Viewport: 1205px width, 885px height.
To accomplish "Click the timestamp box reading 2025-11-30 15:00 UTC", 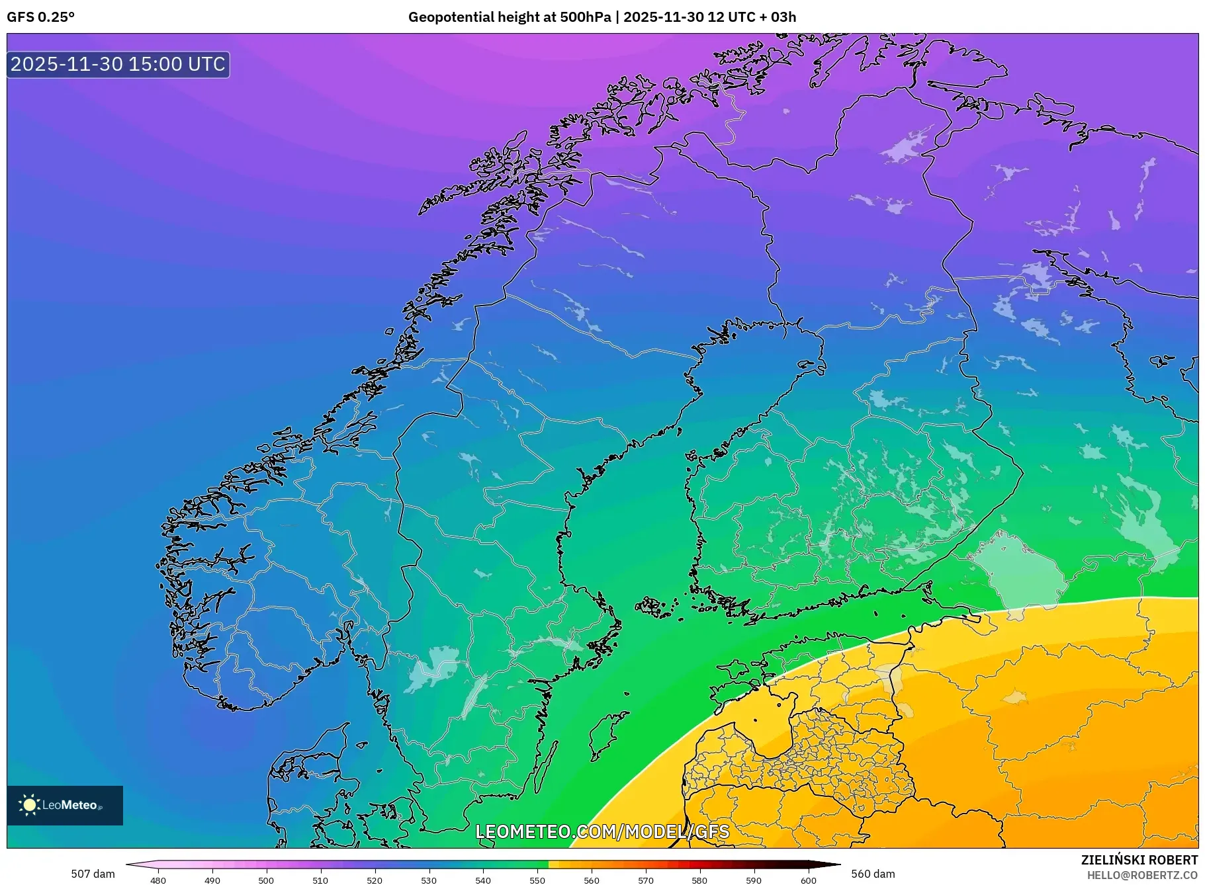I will pos(118,64).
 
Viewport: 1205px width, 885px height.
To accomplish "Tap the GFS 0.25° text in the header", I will pos(40,17).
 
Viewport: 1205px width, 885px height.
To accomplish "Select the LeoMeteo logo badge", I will pos(65,805).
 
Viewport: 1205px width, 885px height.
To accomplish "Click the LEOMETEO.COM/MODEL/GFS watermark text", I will pos(602,831).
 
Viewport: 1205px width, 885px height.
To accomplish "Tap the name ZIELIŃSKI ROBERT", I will pos(1139,860).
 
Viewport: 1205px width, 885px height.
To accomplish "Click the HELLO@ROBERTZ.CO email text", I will pos(1142,875).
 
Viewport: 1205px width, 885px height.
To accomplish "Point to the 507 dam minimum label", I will pos(93,874).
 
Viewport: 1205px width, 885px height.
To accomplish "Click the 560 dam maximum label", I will pos(873,874).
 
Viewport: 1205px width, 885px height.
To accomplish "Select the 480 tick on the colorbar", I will pos(158,880).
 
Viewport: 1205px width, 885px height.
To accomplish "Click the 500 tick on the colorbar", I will pos(266,880).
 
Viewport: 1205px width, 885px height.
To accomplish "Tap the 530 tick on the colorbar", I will pos(429,880).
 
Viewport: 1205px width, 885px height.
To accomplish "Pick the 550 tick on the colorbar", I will pos(537,880).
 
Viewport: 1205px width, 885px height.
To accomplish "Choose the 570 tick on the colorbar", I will pos(646,880).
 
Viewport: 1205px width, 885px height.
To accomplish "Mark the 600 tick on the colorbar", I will pos(808,880).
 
